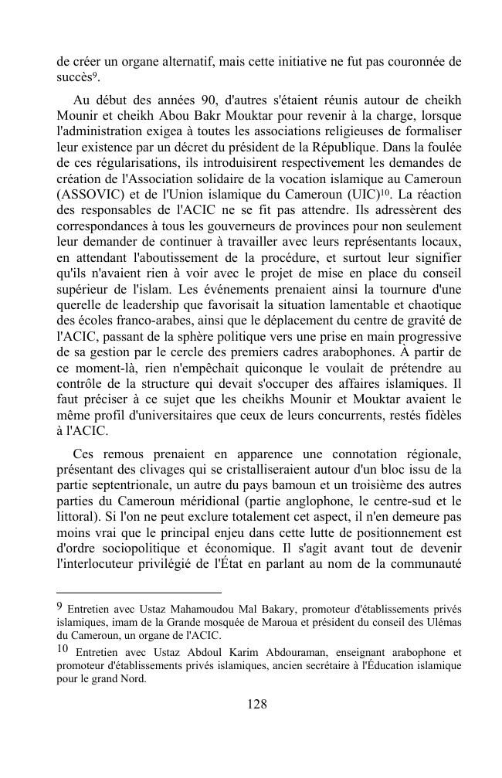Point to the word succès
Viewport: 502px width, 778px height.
click(74, 78)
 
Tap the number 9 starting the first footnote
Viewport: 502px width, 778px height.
click(60, 606)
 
